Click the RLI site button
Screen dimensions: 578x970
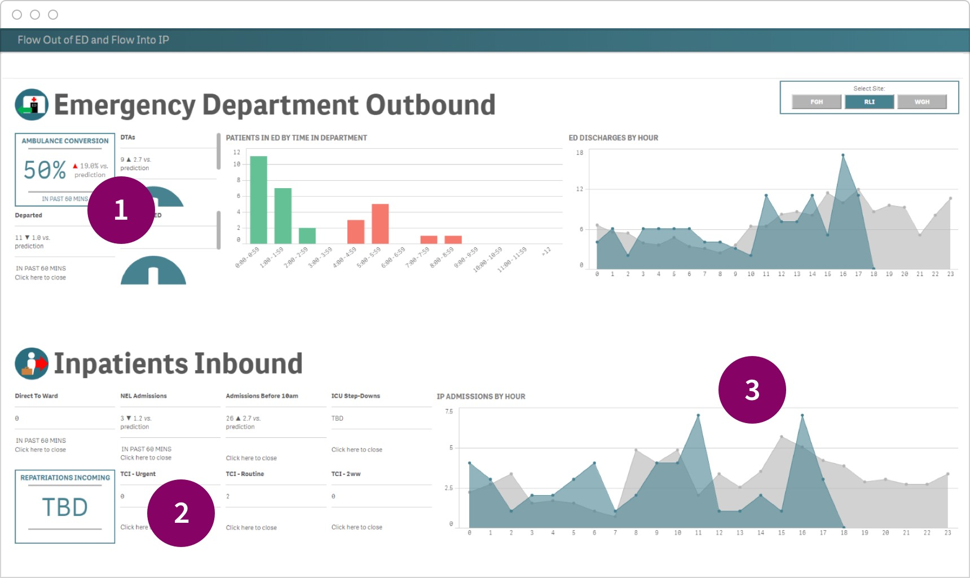869,102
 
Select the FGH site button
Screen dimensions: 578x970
817,102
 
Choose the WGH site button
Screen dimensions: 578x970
922,102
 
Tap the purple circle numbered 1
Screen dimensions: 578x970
121,210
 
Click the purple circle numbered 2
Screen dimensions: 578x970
181,513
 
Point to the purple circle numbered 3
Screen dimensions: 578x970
752,390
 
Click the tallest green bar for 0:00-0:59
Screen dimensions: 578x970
258,199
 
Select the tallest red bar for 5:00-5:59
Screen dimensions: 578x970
380,224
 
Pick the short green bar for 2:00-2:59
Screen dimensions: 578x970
307,235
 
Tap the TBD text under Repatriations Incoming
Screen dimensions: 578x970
65,508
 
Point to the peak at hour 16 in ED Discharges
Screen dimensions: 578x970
843,155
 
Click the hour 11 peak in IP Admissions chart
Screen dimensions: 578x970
698,416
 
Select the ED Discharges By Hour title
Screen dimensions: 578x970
613,138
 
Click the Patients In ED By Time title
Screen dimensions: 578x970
296,138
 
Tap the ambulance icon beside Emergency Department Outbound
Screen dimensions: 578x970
32,105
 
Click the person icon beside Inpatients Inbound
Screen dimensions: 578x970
32,363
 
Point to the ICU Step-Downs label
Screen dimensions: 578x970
355,396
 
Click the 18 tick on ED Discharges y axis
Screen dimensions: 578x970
579,153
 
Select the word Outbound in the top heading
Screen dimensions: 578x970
430,105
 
